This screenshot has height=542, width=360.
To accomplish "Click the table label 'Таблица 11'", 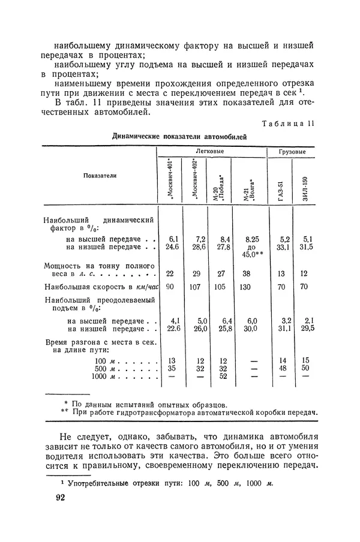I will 289,124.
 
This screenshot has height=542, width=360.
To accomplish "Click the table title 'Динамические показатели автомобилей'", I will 180,137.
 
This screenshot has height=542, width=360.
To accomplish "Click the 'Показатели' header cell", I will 100,176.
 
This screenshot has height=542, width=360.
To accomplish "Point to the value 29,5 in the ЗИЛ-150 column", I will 307,329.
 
